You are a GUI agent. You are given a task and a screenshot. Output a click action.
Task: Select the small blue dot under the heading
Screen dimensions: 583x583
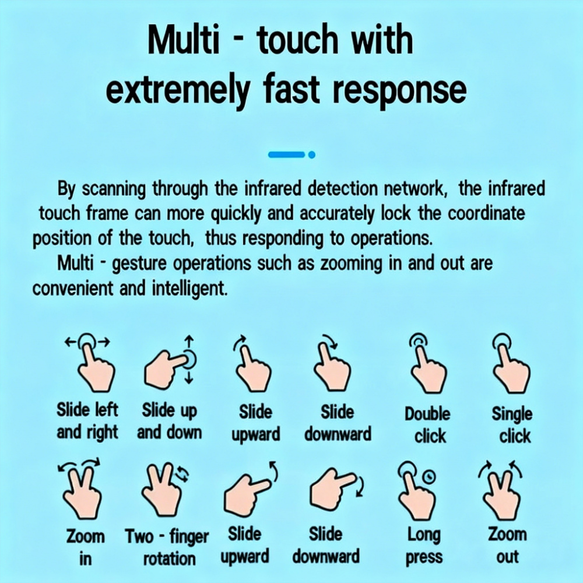312,154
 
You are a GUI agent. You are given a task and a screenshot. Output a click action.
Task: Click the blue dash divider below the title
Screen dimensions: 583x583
287,154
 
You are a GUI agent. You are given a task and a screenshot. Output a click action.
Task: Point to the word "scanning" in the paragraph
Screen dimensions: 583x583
113,189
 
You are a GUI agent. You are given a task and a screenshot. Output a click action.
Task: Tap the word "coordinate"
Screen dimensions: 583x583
486,213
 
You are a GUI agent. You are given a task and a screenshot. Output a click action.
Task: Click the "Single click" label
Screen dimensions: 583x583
512,424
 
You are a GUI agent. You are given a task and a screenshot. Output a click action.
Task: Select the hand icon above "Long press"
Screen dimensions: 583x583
416,490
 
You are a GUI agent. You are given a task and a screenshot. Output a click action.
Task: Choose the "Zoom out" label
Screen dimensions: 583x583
507,546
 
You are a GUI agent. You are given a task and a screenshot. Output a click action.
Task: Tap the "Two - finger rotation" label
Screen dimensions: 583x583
167,547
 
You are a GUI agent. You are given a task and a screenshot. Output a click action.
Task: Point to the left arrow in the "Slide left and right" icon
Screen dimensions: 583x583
71,342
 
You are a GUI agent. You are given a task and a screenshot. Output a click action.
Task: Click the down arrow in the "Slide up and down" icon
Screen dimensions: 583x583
189,377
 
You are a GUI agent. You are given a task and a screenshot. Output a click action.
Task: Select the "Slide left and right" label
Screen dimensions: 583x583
87,421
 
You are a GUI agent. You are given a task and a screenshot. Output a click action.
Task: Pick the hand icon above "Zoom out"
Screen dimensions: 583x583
500,490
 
